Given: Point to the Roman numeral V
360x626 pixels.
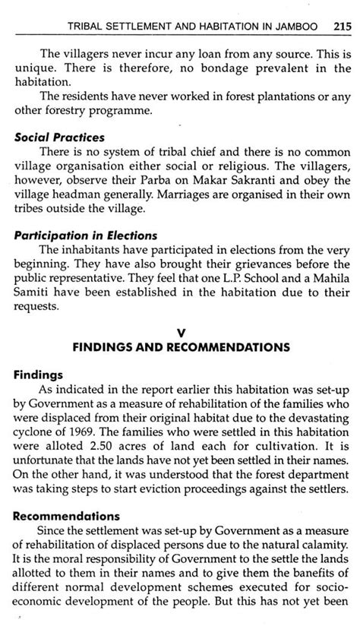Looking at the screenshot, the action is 179,331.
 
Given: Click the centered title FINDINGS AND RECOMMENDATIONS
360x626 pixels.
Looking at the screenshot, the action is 180,347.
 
